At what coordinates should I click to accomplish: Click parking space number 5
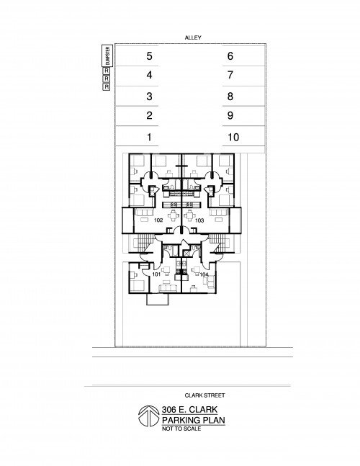[149, 56]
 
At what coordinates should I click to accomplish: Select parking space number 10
[233, 138]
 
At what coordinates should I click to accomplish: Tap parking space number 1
[149, 138]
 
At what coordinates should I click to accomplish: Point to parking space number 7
[230, 75]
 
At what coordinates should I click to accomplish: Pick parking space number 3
[149, 97]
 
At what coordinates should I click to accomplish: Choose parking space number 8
[230, 97]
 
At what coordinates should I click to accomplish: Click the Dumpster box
[107, 56]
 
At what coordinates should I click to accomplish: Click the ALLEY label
[193, 37]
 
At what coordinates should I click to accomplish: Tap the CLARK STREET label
[204, 395]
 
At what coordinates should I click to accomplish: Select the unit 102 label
[158, 220]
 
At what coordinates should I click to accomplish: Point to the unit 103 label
[199, 220]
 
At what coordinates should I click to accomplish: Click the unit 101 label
[156, 274]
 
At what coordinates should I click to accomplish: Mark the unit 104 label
[204, 274]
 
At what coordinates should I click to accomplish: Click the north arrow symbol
[149, 416]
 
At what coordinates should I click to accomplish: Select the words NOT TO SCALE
[181, 429]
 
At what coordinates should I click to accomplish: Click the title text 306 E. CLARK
[189, 410]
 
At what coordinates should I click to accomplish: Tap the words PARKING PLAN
[194, 420]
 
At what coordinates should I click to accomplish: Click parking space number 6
[230, 56]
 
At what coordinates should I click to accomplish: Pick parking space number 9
[230, 115]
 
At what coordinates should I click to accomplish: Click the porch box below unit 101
[158, 300]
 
